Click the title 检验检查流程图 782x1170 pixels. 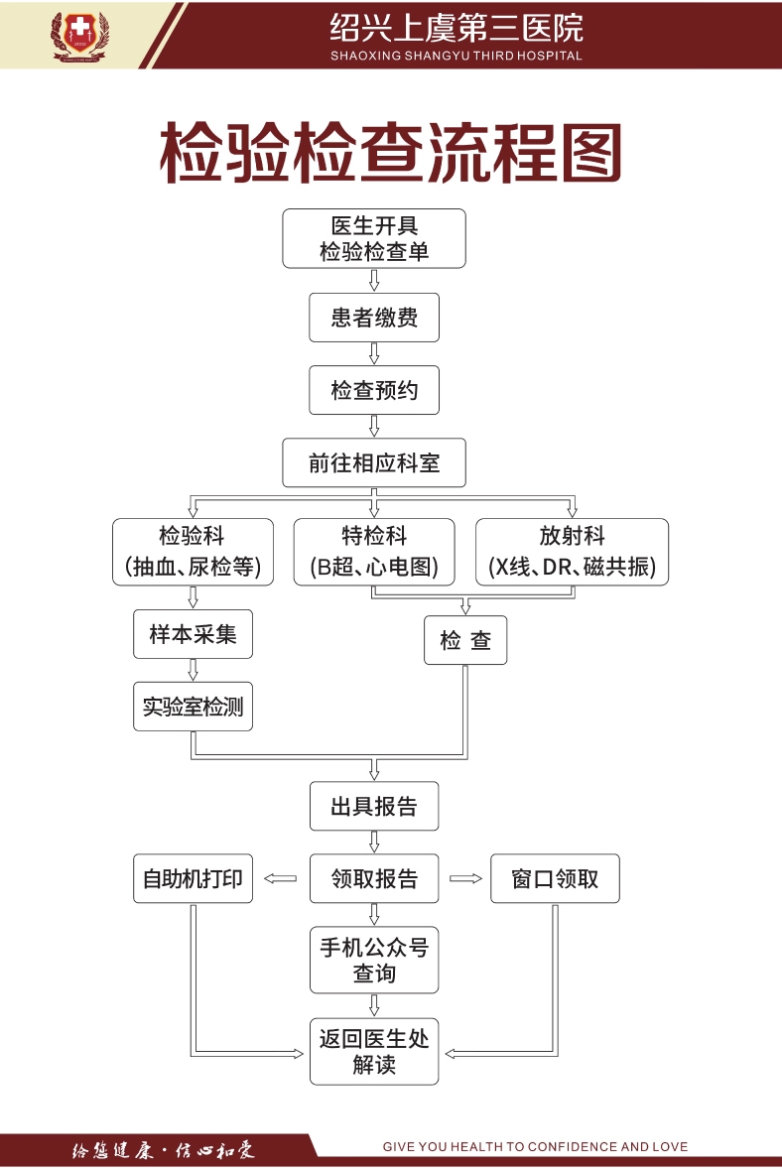(391, 154)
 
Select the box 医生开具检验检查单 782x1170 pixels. (374, 239)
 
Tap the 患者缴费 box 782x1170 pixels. (374, 318)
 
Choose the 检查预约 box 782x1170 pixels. (374, 390)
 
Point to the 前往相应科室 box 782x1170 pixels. (374, 462)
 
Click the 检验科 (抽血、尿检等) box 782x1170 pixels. (193, 552)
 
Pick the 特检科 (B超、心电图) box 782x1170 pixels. (374, 552)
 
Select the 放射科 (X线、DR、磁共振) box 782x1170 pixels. (572, 552)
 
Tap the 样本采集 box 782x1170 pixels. (193, 634)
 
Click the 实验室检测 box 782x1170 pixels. (193, 707)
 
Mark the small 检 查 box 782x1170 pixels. (465, 640)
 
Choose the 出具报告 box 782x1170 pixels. (374, 806)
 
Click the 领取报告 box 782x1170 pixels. (374, 878)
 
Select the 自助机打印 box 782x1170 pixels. (193, 878)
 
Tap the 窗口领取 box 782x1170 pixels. (555, 878)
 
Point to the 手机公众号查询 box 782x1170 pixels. (374, 961)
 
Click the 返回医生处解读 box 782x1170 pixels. (374, 1052)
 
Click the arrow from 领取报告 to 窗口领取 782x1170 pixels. (464, 878)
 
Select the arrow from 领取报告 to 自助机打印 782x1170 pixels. (282, 878)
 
